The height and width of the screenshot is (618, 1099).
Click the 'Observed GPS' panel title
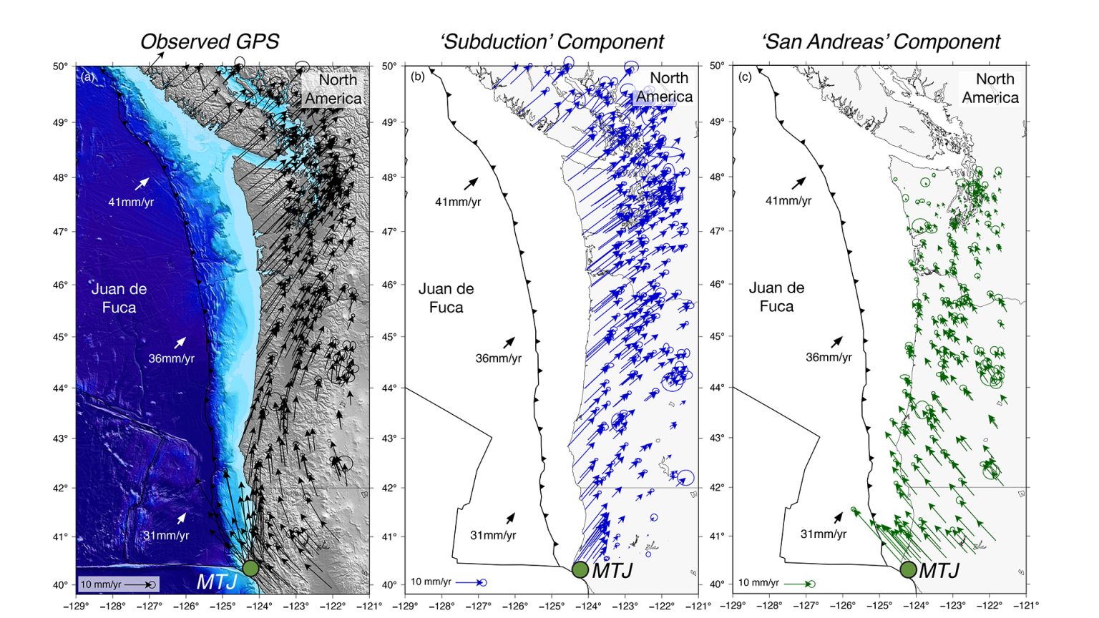pyautogui.click(x=209, y=41)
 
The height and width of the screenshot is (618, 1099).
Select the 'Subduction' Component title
pyautogui.click(x=552, y=41)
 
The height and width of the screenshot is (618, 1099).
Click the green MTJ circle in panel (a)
pyautogui.click(x=250, y=568)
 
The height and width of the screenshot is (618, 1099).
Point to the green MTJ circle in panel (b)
pyautogui.click(x=580, y=569)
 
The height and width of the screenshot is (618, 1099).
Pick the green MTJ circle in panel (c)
pyautogui.click(x=908, y=569)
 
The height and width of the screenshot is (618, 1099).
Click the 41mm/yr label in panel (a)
pyautogui.click(x=131, y=202)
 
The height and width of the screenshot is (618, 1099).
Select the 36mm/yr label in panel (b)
pyautogui.click(x=499, y=358)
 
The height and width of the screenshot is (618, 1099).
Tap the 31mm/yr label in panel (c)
pyautogui.click(x=824, y=534)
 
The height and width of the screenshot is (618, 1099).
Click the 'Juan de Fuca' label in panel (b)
pyautogui.click(x=446, y=298)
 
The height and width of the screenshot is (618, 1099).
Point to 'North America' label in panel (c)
pyautogui.click(x=991, y=88)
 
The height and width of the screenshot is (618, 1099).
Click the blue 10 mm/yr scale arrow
pyautogui.click(x=470, y=582)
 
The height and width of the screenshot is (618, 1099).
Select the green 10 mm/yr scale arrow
pyautogui.click(x=799, y=584)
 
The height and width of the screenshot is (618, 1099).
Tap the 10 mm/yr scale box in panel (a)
pyautogui.click(x=117, y=584)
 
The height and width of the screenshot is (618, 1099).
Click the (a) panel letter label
pyautogui.click(x=88, y=77)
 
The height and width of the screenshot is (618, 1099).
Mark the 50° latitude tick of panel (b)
pyautogui.click(x=389, y=66)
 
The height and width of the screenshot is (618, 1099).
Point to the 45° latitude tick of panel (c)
pyautogui.click(x=717, y=336)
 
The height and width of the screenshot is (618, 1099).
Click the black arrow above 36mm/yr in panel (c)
pyautogui.click(x=836, y=342)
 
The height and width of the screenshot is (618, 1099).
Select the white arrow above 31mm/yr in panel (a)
pyautogui.click(x=182, y=518)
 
